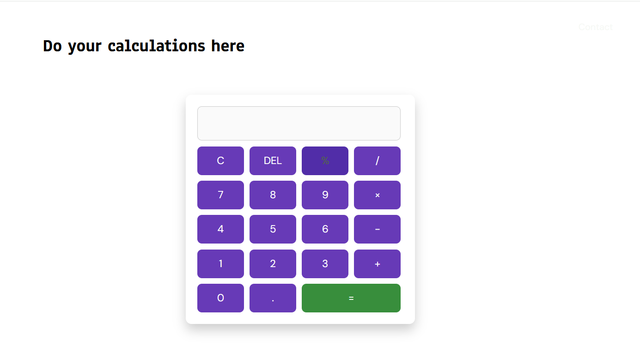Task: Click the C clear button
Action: coord(220,161)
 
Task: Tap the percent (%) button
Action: coord(325,161)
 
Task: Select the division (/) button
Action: coord(377,161)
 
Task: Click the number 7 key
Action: coord(220,195)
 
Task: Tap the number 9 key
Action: coord(325,195)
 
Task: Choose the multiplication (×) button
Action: coord(377,195)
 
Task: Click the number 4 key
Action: coord(220,229)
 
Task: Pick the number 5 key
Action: coord(273,229)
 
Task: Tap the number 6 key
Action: coord(325,229)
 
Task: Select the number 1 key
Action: coord(220,264)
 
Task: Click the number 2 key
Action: coord(273,264)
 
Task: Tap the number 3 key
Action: coord(325,264)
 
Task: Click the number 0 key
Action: coord(220,298)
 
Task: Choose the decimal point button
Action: coord(273,298)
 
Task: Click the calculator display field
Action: coord(299,123)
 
